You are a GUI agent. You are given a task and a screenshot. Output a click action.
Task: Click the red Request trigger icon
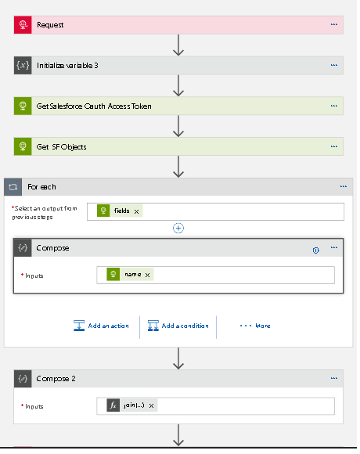23,25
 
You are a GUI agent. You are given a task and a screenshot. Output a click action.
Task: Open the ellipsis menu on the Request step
334,24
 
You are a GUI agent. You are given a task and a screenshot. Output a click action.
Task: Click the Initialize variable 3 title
67,66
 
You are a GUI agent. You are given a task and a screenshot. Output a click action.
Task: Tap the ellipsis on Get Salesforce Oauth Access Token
334,106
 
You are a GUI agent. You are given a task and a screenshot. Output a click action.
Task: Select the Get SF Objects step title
61,147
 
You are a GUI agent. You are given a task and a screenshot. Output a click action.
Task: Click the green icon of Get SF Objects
23,146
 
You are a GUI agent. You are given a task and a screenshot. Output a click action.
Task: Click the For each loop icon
13,187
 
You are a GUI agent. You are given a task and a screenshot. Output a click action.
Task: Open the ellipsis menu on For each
344,186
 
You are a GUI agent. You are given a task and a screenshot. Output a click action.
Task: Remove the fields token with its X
137,211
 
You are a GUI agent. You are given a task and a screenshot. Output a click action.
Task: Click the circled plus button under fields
178,228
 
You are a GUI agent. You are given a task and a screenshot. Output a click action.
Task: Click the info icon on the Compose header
315,250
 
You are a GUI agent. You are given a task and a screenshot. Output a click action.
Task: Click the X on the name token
148,275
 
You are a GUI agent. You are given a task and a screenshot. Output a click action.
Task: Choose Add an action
101,326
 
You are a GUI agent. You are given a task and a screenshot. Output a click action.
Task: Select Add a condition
178,326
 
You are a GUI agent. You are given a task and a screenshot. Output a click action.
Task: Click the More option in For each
255,326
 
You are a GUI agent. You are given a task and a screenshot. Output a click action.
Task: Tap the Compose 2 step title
56,379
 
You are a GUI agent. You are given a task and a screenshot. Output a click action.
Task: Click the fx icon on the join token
113,405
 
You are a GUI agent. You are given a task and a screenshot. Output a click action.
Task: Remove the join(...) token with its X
151,406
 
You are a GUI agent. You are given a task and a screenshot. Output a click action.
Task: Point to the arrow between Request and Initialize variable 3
178,45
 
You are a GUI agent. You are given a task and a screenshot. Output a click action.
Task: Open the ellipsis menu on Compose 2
334,378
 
